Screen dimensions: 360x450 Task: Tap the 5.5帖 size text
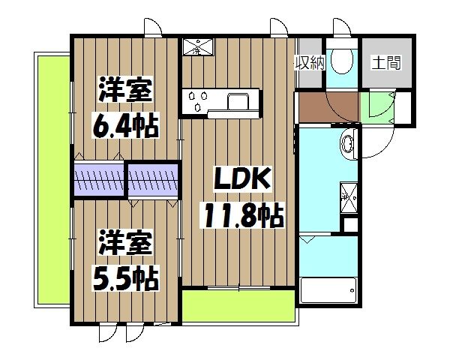pos(126,279)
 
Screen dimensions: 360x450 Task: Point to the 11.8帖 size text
pos(240,217)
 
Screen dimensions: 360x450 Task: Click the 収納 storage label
pos(310,62)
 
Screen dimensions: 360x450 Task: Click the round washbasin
pos(350,142)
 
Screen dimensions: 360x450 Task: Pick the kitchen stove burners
pos(199,100)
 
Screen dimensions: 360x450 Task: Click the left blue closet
pos(99,180)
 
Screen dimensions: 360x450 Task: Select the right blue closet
pos(154,180)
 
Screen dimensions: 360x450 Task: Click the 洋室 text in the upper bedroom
pos(126,91)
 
